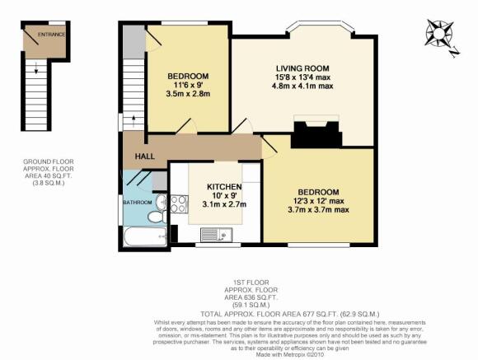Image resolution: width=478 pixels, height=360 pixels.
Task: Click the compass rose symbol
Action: [x=439, y=33]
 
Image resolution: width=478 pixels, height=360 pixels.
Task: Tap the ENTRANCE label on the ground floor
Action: [x=51, y=35]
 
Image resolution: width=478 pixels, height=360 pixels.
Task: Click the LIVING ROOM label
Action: [x=302, y=68]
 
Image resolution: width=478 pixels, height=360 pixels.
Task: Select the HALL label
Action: [x=145, y=157]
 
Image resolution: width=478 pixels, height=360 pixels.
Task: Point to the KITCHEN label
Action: [x=224, y=186]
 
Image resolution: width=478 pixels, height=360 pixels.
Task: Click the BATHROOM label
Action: [x=138, y=203]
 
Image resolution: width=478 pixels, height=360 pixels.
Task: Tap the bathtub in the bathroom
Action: [x=145, y=236]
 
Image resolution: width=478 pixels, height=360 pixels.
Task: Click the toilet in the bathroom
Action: [x=157, y=217]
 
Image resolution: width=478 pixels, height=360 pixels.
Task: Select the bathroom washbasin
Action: [x=161, y=202]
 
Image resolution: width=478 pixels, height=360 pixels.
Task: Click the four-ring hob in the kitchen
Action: [x=179, y=204]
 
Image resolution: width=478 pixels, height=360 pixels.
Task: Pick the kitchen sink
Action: [x=216, y=235]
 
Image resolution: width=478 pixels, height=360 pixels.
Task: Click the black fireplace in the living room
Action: [x=316, y=134]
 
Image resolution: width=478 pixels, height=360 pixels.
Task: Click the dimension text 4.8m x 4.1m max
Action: [x=302, y=86]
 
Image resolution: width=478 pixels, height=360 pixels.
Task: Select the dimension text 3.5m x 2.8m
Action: [x=188, y=94]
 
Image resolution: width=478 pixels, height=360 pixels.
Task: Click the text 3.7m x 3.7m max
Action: [x=318, y=210]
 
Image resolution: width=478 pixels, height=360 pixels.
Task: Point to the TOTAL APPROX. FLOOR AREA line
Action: [x=290, y=314]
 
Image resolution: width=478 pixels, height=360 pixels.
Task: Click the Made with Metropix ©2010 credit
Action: [x=289, y=355]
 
